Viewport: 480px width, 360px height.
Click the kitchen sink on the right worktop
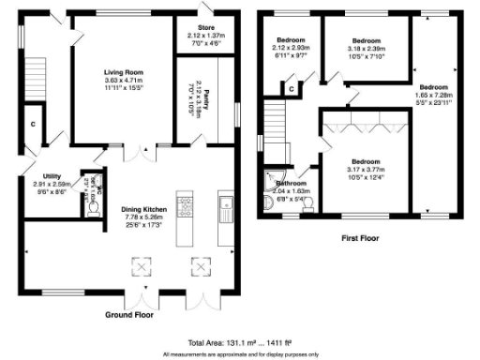coord(225,203)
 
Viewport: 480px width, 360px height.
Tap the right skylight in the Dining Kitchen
coord(199,266)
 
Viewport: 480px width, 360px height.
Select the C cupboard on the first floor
coord(292,89)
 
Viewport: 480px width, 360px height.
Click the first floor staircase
coord(274,122)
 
